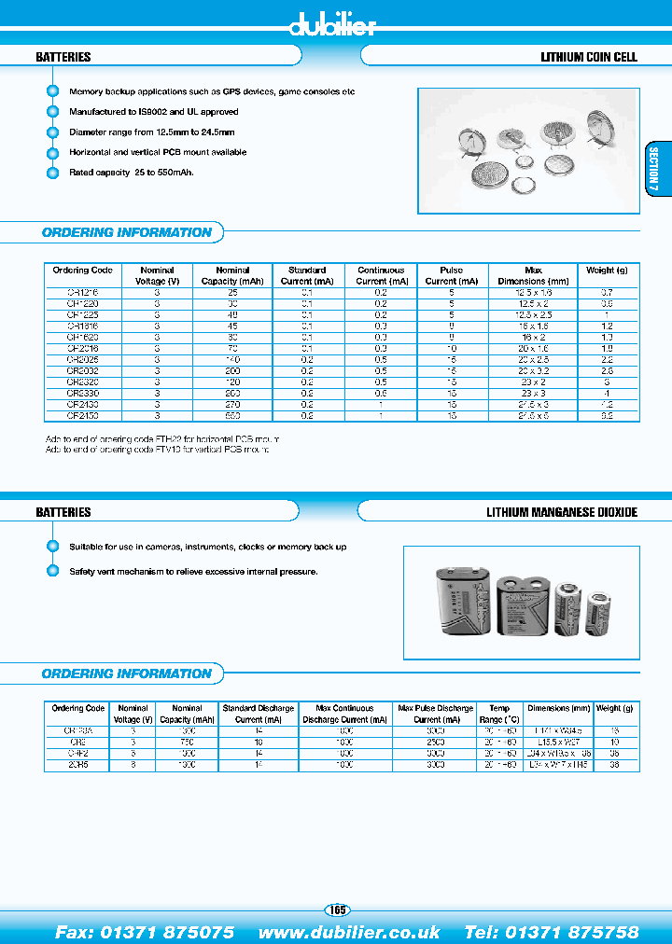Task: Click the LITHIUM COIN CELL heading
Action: click(x=589, y=57)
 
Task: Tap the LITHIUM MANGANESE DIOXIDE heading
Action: click(x=562, y=512)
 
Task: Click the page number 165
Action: click(x=336, y=909)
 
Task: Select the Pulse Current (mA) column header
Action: click(x=451, y=275)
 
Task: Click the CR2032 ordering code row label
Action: click(x=82, y=370)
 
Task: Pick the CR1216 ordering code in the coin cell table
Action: click(x=82, y=293)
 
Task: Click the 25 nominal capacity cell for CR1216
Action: click(x=232, y=293)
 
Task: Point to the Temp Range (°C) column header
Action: click(x=498, y=714)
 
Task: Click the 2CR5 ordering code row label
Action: click(x=77, y=764)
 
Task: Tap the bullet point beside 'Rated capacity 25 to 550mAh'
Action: click(x=52, y=173)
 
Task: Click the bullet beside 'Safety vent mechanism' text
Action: click(x=52, y=571)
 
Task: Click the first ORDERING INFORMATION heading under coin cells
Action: click(x=127, y=232)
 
